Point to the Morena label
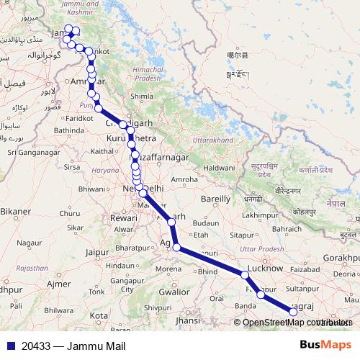point(168,269)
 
